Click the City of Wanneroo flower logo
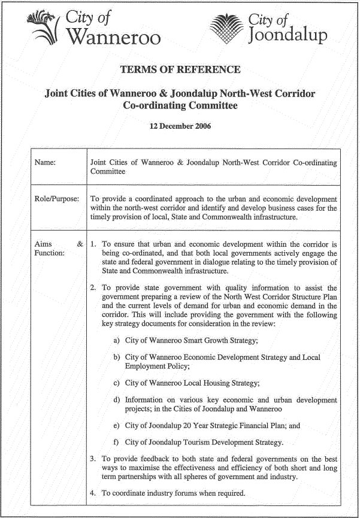tap(44, 28)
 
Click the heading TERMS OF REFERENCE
tap(180, 70)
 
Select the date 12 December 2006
tap(180, 126)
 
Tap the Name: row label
tap(46, 163)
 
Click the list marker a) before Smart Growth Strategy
tap(117, 340)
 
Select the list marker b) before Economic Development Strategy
tap(117, 358)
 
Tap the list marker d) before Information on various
tap(117, 399)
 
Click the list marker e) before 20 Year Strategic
tap(117, 426)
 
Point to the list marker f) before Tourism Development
tap(117, 443)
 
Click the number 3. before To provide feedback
tap(93, 459)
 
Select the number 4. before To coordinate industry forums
tap(93, 493)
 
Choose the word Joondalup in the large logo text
tap(288, 35)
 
